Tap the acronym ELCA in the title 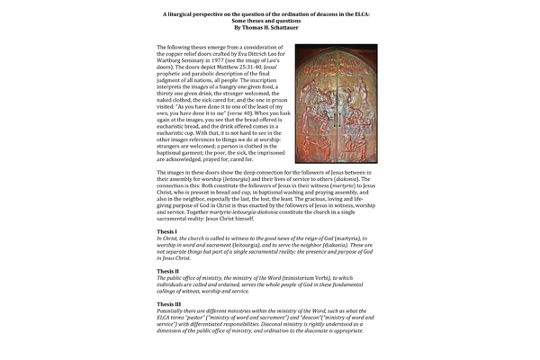point(358,14)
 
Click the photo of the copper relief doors point(349,103)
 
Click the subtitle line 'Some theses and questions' point(270,21)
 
